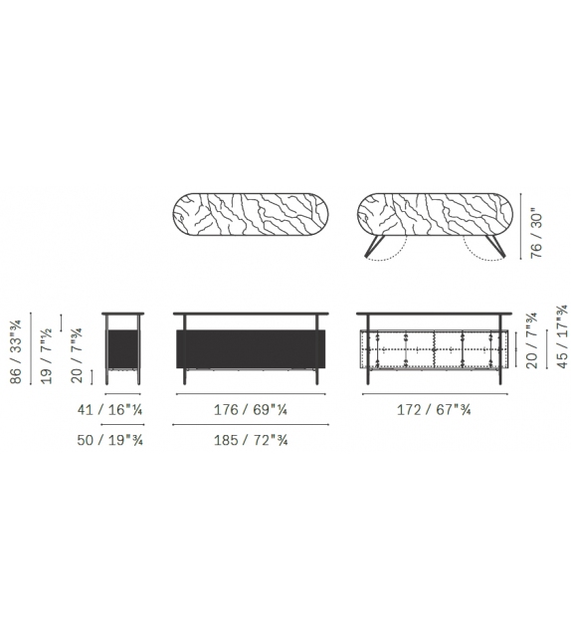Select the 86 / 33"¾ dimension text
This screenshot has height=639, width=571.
pyautogui.click(x=16, y=352)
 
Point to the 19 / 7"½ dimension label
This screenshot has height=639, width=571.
pyautogui.click(x=46, y=355)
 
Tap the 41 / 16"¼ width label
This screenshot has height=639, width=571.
pyautogui.click(x=110, y=409)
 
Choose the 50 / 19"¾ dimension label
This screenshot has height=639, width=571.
pyautogui.click(x=110, y=440)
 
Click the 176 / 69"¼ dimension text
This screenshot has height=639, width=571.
pyautogui.click(x=251, y=409)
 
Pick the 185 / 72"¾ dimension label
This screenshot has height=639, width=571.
pyautogui.click(x=251, y=440)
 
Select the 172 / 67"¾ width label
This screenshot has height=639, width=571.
pyautogui.click(x=434, y=409)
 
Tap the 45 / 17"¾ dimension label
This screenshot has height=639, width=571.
pyautogui.click(x=562, y=336)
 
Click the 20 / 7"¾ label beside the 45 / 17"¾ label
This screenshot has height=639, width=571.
pyautogui.click(x=532, y=340)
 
